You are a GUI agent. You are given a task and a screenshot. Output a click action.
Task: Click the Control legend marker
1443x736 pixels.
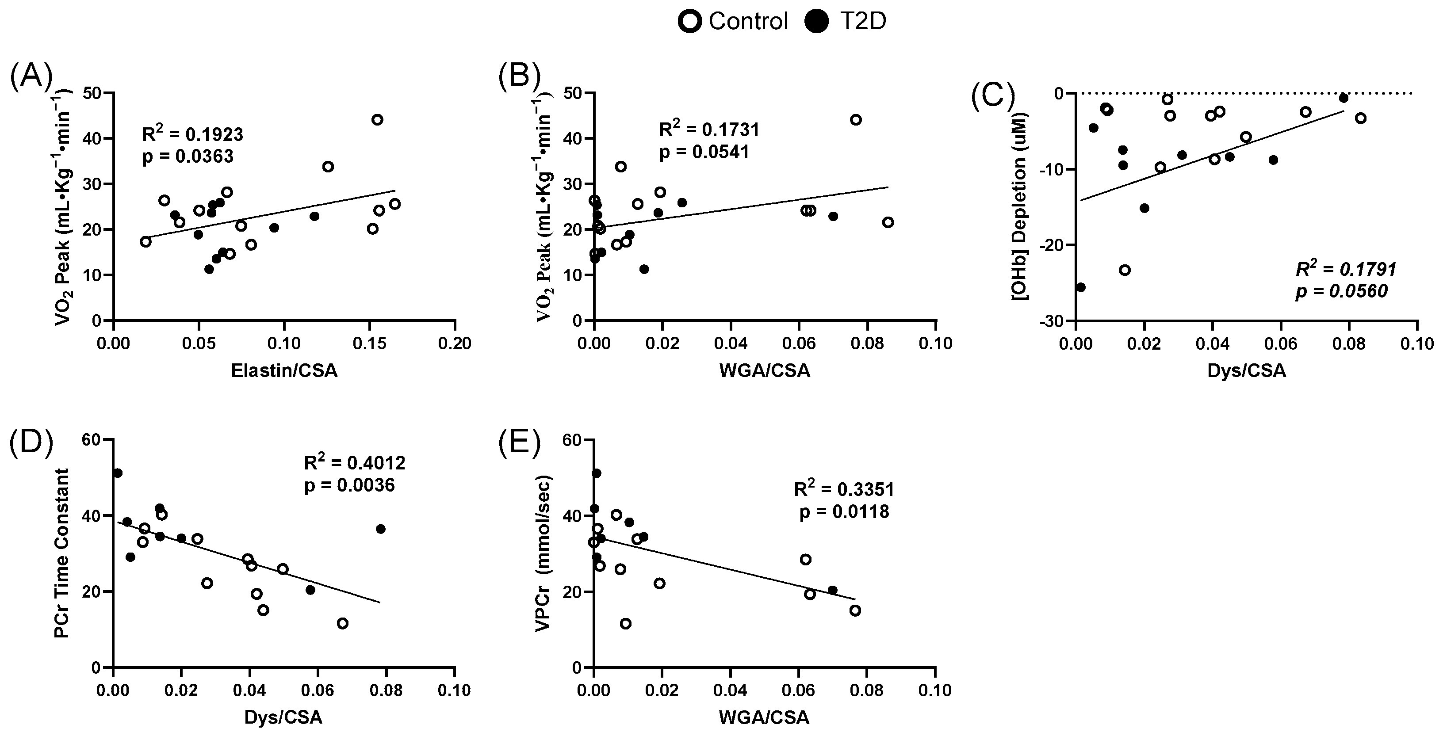689,22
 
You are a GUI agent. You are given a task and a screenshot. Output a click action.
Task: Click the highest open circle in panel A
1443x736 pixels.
378,119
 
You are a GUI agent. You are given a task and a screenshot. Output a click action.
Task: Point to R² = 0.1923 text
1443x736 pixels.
193,134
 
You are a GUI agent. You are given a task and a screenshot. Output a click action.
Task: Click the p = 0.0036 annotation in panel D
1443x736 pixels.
349,485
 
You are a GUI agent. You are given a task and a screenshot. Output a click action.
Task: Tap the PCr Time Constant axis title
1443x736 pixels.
62,553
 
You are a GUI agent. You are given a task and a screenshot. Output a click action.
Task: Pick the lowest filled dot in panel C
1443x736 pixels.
1080,287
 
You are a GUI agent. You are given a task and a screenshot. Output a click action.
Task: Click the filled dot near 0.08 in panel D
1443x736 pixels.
381,529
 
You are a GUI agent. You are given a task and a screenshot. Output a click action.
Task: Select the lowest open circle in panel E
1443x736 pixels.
626,623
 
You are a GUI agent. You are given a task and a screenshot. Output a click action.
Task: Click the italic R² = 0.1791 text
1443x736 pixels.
1346,269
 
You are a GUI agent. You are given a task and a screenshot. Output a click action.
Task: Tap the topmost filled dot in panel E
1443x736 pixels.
597,473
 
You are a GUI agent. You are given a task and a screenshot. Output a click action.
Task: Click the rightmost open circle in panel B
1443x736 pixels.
888,222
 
